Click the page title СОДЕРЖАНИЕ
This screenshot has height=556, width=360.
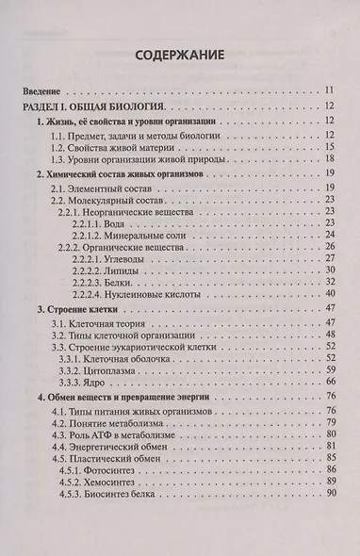coord(179,55)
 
